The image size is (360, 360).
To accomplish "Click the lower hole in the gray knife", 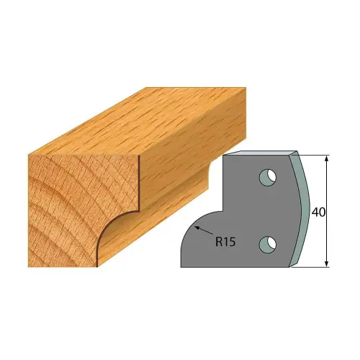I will click(x=269, y=243).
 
